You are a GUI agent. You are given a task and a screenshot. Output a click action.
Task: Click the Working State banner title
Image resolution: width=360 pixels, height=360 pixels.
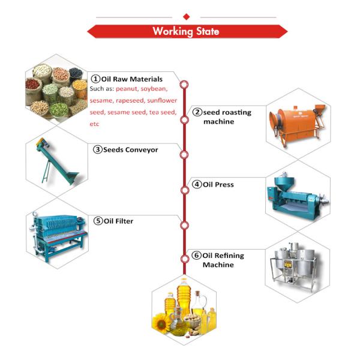click(185, 31)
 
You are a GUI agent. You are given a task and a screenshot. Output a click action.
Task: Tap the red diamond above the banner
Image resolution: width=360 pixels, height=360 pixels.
click(186, 16)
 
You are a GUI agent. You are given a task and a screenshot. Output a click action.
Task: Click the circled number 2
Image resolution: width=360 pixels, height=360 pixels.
click(197, 112)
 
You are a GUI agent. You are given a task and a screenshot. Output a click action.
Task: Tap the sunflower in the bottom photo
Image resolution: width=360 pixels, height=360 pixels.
click(164, 325)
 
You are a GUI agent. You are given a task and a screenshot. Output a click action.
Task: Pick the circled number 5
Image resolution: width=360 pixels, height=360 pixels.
click(98, 221)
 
